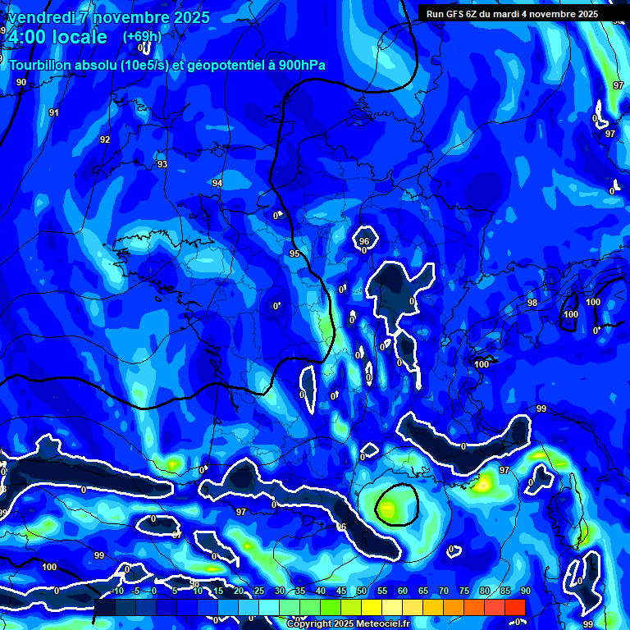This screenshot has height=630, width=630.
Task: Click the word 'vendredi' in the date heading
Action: (x=39, y=17)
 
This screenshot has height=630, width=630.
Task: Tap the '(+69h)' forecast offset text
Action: (x=142, y=36)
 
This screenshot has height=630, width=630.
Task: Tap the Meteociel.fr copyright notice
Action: (x=348, y=623)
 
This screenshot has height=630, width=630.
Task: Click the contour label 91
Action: (x=54, y=112)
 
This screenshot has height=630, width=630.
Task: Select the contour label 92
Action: (x=105, y=139)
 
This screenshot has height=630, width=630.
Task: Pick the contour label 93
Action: (x=162, y=164)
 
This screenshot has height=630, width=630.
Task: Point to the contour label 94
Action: (x=217, y=183)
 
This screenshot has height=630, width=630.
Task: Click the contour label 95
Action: (x=294, y=253)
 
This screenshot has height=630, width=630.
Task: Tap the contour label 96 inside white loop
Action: (x=364, y=241)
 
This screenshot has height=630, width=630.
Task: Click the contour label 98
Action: (x=532, y=303)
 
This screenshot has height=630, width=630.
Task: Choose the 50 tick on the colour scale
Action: (x=362, y=591)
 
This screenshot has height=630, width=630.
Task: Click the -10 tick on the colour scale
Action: (x=116, y=591)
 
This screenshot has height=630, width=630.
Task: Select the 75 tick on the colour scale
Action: (x=464, y=591)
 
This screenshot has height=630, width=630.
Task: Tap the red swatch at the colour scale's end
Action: (x=514, y=606)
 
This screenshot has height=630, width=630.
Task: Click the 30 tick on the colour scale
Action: (x=280, y=591)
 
